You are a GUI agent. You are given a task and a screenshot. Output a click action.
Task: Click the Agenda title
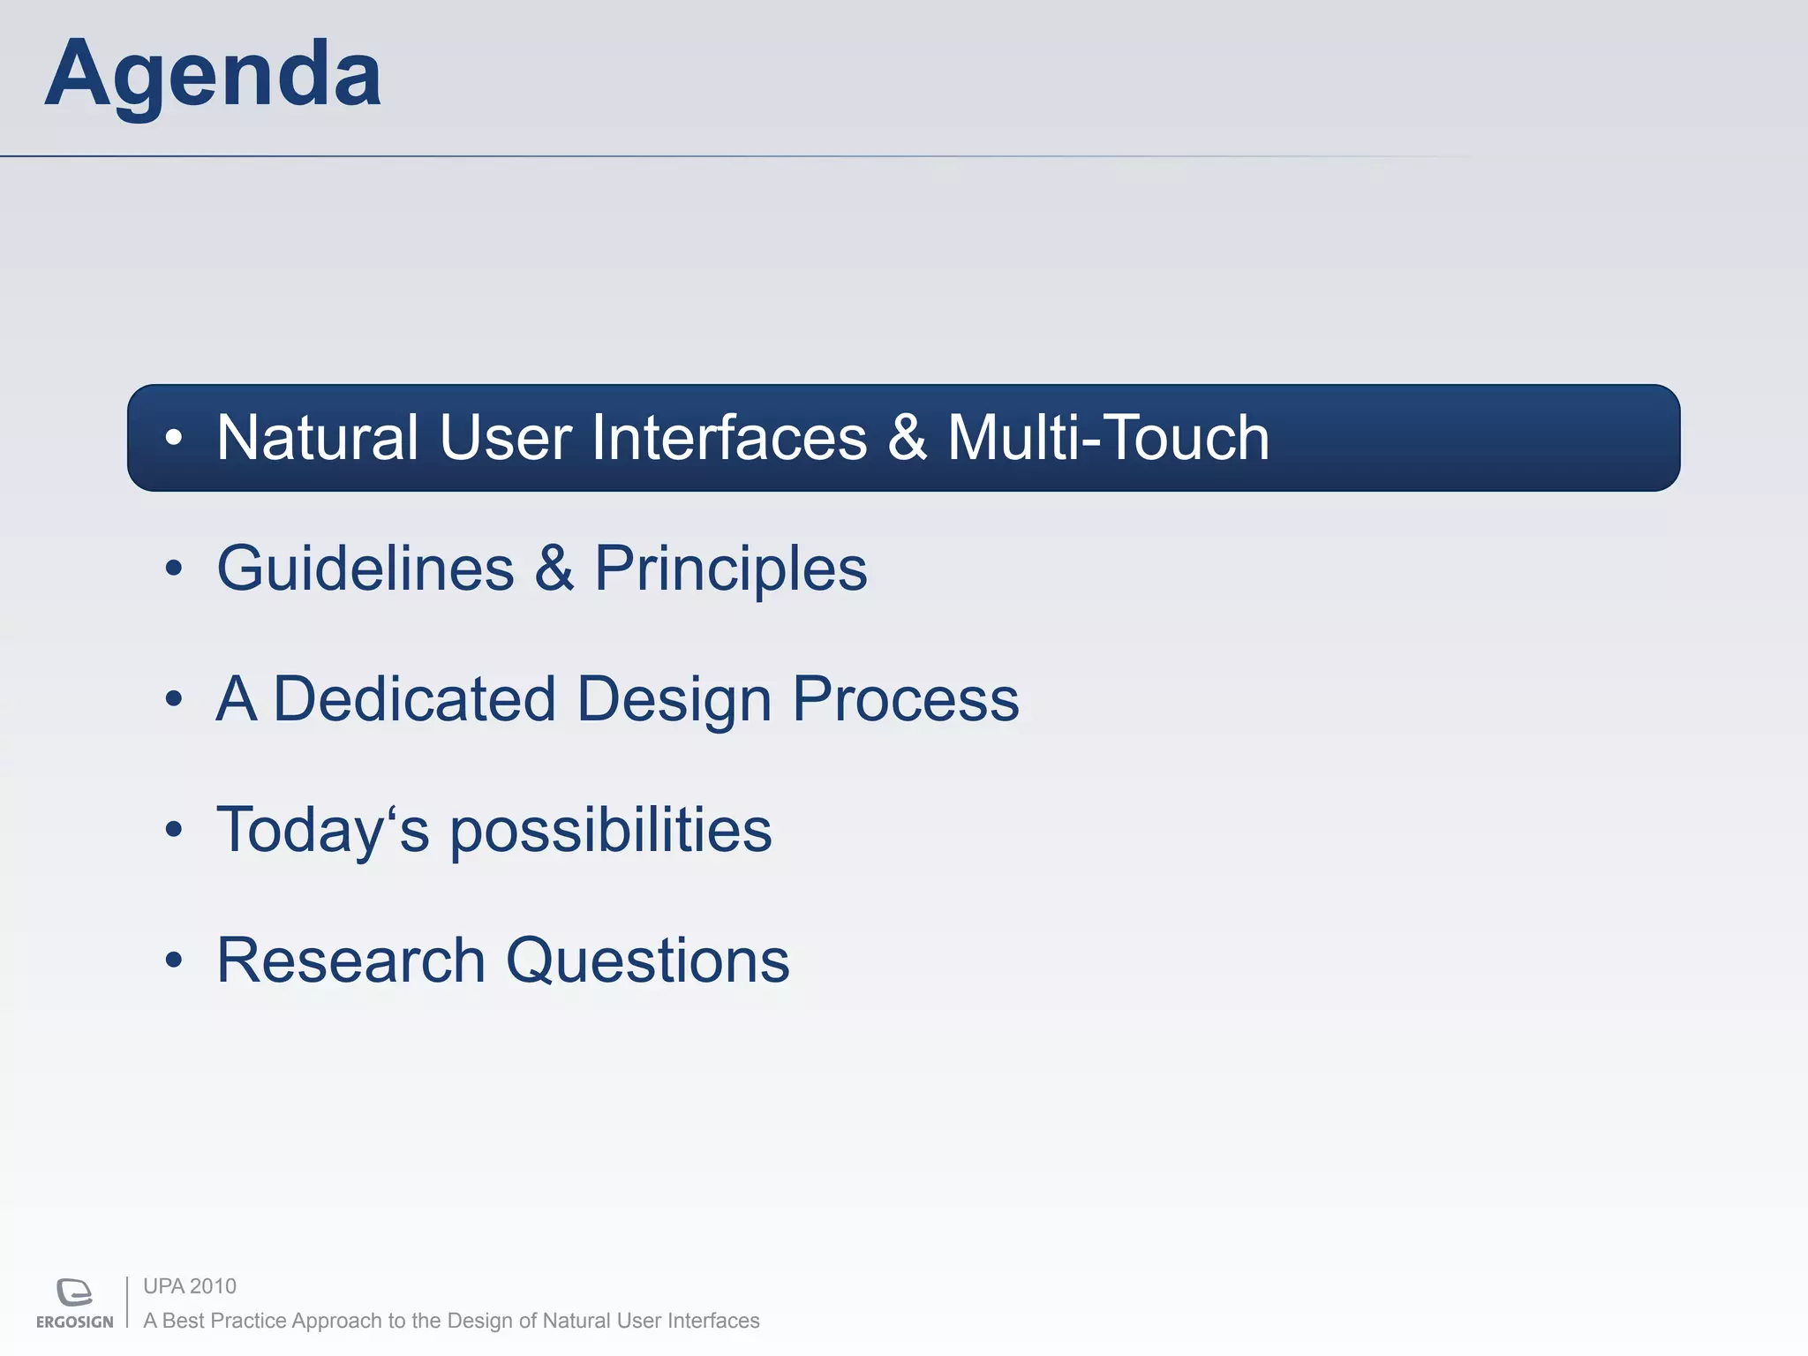[x=213, y=75]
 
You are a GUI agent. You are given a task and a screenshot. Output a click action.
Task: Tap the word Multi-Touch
[x=1108, y=438]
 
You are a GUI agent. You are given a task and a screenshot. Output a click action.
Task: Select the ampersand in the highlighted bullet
[x=907, y=438]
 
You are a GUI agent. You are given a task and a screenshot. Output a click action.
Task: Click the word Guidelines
[x=365, y=569]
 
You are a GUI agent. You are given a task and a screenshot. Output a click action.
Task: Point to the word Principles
[x=731, y=570]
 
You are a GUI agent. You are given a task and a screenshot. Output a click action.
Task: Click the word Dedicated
[x=414, y=699]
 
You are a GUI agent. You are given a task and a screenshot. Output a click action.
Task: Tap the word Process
[x=905, y=699]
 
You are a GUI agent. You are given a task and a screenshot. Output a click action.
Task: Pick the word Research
[x=351, y=960]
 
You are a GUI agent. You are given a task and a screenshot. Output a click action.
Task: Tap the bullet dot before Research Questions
[x=174, y=960]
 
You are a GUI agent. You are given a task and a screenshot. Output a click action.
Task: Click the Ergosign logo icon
[x=74, y=1292]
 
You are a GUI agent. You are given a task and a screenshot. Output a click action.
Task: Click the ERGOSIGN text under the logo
[x=75, y=1322]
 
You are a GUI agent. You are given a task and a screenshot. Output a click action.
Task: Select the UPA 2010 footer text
[x=190, y=1286]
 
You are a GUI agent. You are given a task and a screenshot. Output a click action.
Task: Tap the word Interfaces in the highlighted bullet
[x=729, y=438]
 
